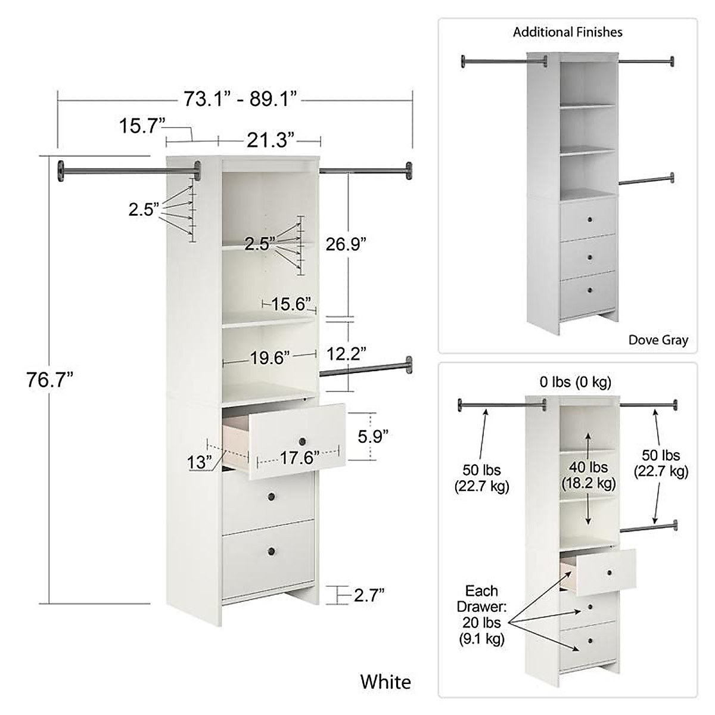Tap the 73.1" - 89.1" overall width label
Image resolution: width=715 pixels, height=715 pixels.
(240, 99)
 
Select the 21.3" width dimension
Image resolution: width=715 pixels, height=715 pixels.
(271, 141)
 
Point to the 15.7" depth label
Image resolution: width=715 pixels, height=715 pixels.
(141, 126)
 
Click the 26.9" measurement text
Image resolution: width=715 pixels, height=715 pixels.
(346, 244)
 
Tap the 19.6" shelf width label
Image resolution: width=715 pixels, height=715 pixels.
(270, 358)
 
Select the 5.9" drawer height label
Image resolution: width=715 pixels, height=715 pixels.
(372, 437)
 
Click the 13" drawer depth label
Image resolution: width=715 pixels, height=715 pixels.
(199, 461)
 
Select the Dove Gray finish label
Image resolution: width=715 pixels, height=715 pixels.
(658, 340)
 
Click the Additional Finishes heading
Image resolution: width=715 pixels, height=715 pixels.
(568, 32)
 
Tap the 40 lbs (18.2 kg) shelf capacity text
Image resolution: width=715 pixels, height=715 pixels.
(589, 475)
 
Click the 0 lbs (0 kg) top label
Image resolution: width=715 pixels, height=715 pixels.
(576, 382)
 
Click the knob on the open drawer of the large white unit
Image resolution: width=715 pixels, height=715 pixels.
(301, 441)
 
